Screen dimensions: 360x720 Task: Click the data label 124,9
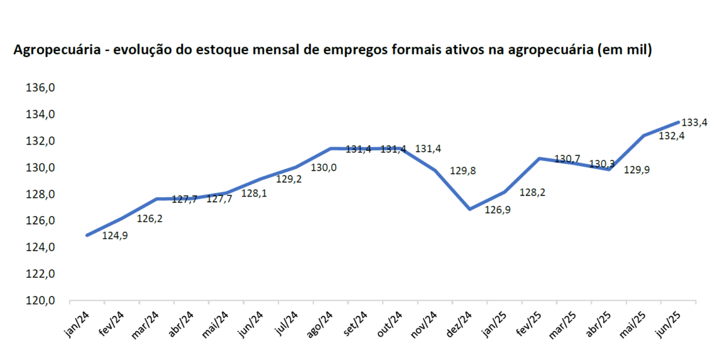click(115, 236)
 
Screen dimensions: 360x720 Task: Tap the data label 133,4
click(694, 123)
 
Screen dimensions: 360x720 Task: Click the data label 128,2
click(532, 193)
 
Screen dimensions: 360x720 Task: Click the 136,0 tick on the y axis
click(40, 88)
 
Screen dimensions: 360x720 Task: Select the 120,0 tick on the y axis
click(40, 301)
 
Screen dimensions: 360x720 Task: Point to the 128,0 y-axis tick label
click(40, 195)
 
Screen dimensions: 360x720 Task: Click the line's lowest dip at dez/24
click(469, 208)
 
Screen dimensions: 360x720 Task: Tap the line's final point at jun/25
click(678, 122)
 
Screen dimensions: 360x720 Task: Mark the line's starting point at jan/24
click(87, 235)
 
